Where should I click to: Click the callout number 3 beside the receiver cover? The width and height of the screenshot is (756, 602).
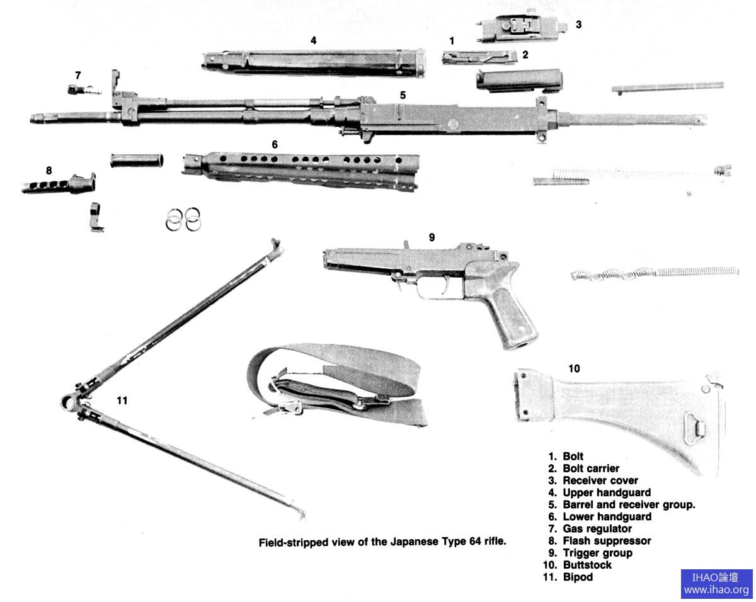pos(578,25)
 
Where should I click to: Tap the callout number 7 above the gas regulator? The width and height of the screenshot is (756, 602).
pos(78,75)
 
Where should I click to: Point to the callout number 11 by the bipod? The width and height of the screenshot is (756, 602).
pos(122,400)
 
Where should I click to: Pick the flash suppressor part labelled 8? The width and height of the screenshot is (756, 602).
pos(59,185)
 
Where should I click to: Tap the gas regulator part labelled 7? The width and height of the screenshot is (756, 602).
pos(83,90)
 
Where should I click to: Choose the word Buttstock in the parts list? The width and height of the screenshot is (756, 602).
pos(587,565)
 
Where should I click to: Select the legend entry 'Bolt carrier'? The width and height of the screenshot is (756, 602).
pos(591,469)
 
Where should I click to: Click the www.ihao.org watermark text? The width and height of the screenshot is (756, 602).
pos(716,590)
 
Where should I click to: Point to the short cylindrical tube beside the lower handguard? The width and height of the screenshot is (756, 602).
pos(137,161)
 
